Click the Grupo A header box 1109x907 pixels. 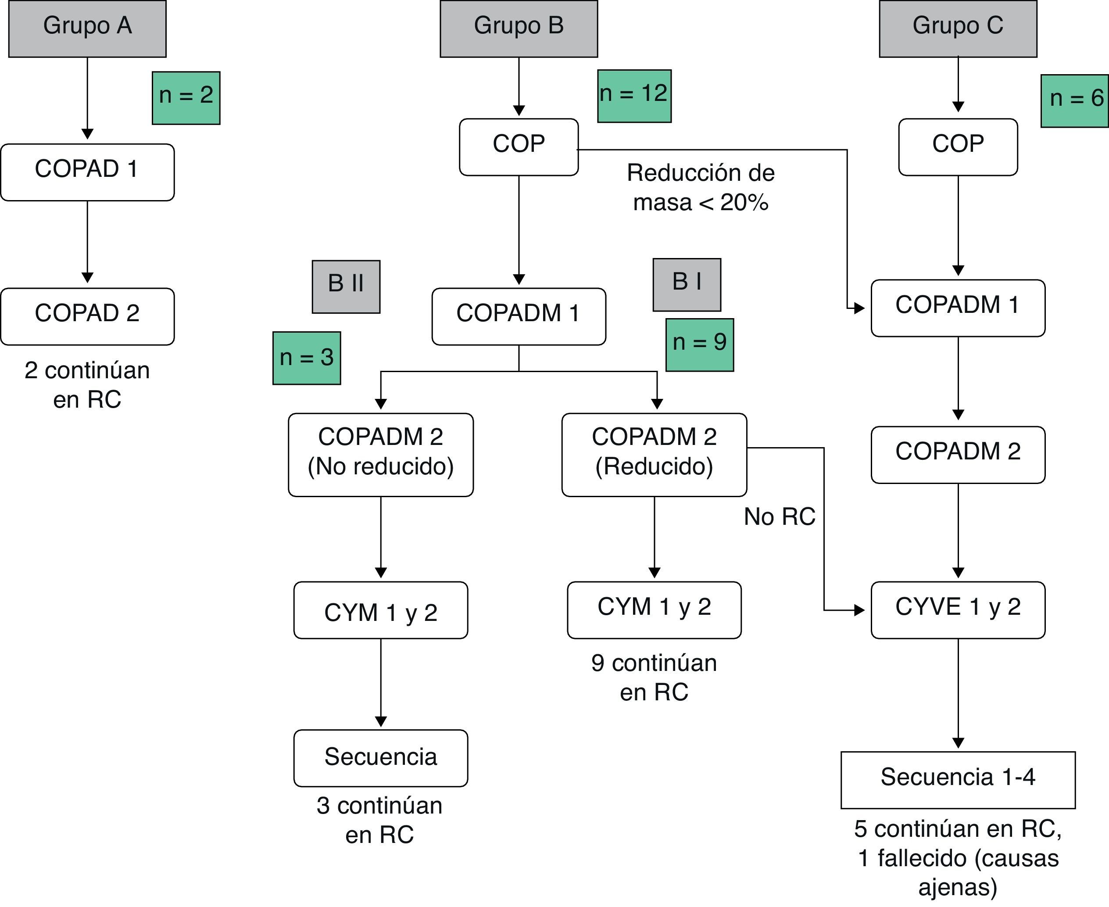point(87,28)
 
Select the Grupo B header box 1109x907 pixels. point(518,28)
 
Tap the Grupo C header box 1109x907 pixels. point(958,28)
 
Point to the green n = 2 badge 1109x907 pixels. point(186,98)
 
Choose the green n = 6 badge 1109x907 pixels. point(1074,101)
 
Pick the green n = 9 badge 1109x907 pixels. point(699,345)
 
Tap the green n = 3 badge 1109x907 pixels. point(306,358)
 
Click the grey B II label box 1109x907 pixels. point(346,286)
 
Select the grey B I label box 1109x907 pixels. point(687,284)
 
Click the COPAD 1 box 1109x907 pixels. point(87,172)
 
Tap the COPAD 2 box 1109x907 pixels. point(87,316)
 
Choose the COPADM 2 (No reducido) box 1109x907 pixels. point(380,454)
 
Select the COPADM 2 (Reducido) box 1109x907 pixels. point(654,454)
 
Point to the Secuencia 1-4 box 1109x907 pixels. point(958,779)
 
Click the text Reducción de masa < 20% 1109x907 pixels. point(701,187)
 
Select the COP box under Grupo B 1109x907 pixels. point(518,147)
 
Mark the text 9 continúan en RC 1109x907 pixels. point(654,677)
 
